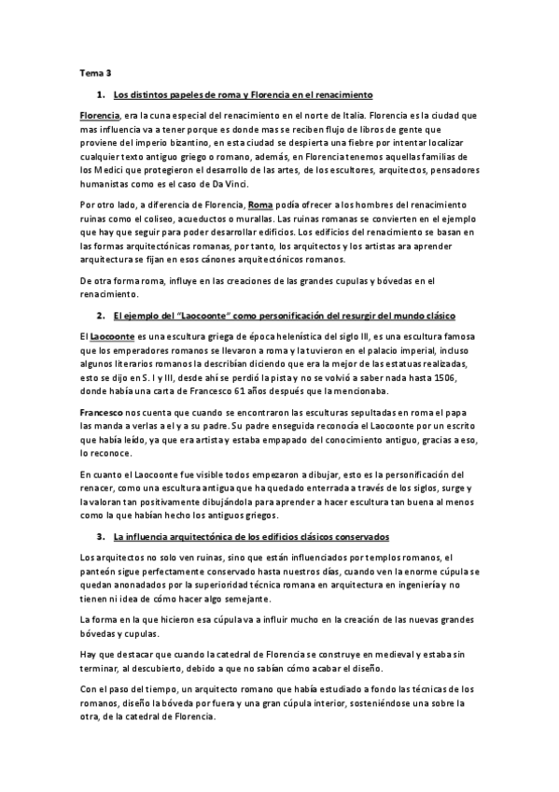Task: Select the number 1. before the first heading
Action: click(101, 94)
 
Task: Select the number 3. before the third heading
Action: click(101, 537)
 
